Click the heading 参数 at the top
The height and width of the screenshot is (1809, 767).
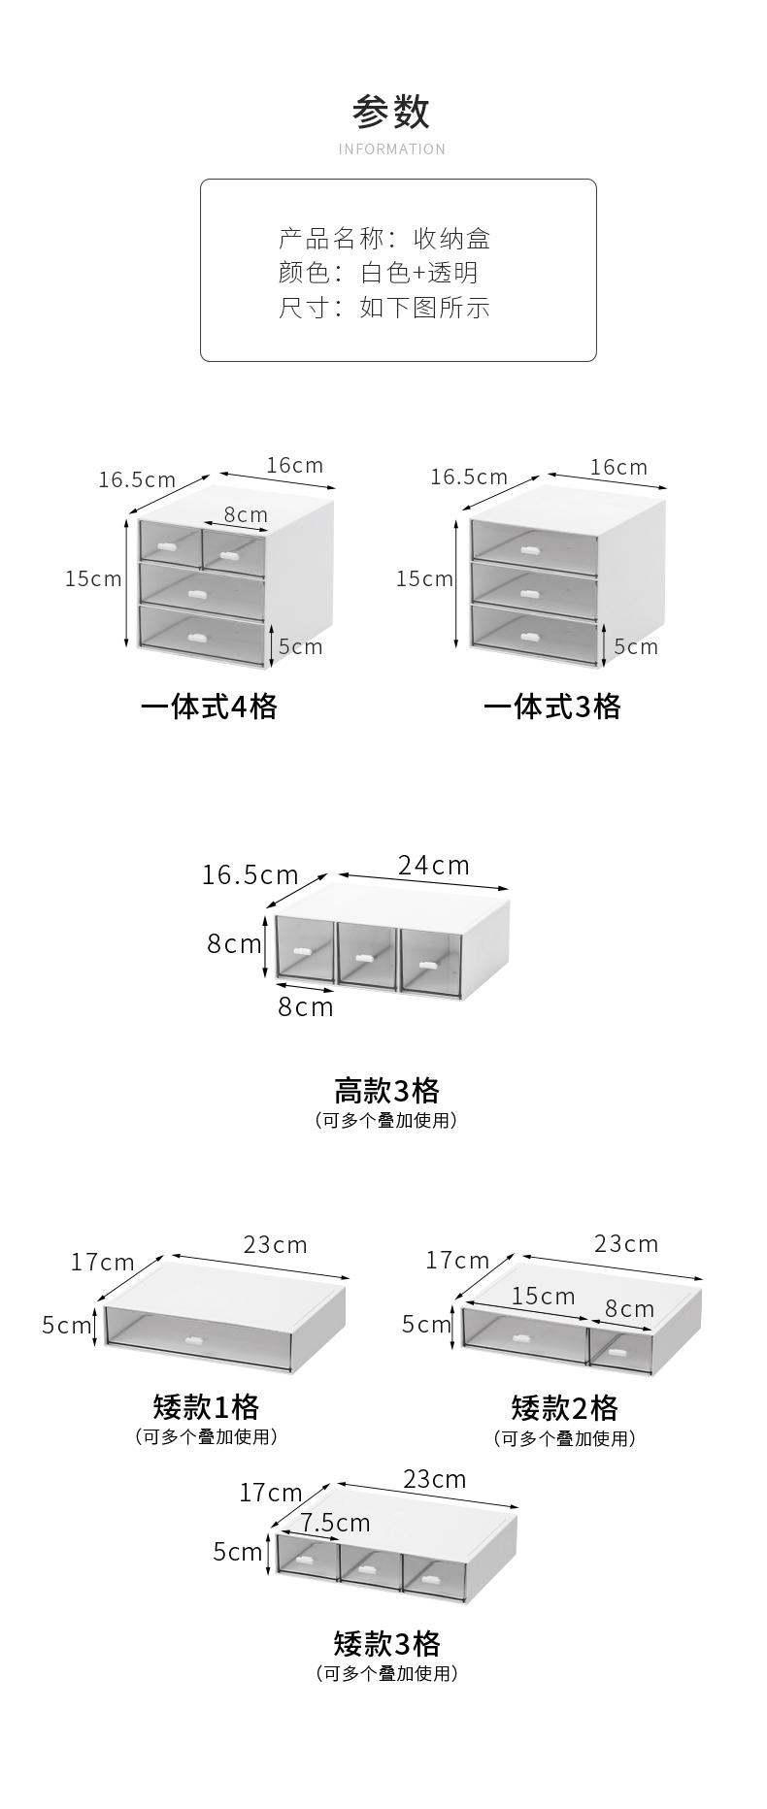coord(391,113)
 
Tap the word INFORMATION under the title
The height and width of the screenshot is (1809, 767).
coord(391,149)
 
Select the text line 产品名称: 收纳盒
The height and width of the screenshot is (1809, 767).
coord(384,238)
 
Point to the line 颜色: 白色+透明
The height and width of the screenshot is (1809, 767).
coord(379,273)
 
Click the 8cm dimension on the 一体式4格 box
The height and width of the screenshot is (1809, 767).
coord(246,514)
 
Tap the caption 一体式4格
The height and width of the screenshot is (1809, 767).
coord(209,707)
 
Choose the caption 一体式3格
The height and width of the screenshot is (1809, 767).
coord(551,707)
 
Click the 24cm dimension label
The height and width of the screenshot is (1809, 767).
coord(433,865)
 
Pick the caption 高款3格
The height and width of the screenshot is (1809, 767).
coord(386,1090)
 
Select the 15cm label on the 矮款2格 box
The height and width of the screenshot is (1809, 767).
coord(543,1296)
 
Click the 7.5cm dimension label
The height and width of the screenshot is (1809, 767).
coord(335,1523)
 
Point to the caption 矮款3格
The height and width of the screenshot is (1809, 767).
coord(386,1643)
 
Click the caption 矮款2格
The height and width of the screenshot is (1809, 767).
coord(564,1407)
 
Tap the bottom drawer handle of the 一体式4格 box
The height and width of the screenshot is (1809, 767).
coord(201,638)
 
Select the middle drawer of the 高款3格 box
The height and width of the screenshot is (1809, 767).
coord(367,955)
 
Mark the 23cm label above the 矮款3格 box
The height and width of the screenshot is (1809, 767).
coord(434,1478)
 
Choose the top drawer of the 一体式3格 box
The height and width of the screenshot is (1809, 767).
coord(532,547)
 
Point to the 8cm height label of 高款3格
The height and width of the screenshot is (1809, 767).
coord(234,943)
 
